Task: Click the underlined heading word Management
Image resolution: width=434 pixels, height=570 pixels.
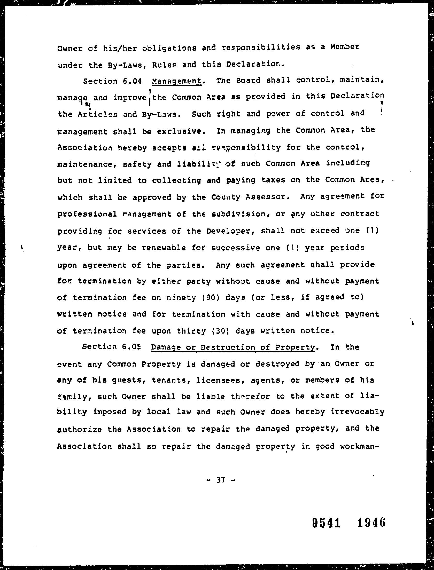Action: click(177, 81)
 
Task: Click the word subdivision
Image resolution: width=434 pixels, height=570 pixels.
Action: click(241, 214)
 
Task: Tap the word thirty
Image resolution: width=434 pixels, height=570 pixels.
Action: click(191, 331)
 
